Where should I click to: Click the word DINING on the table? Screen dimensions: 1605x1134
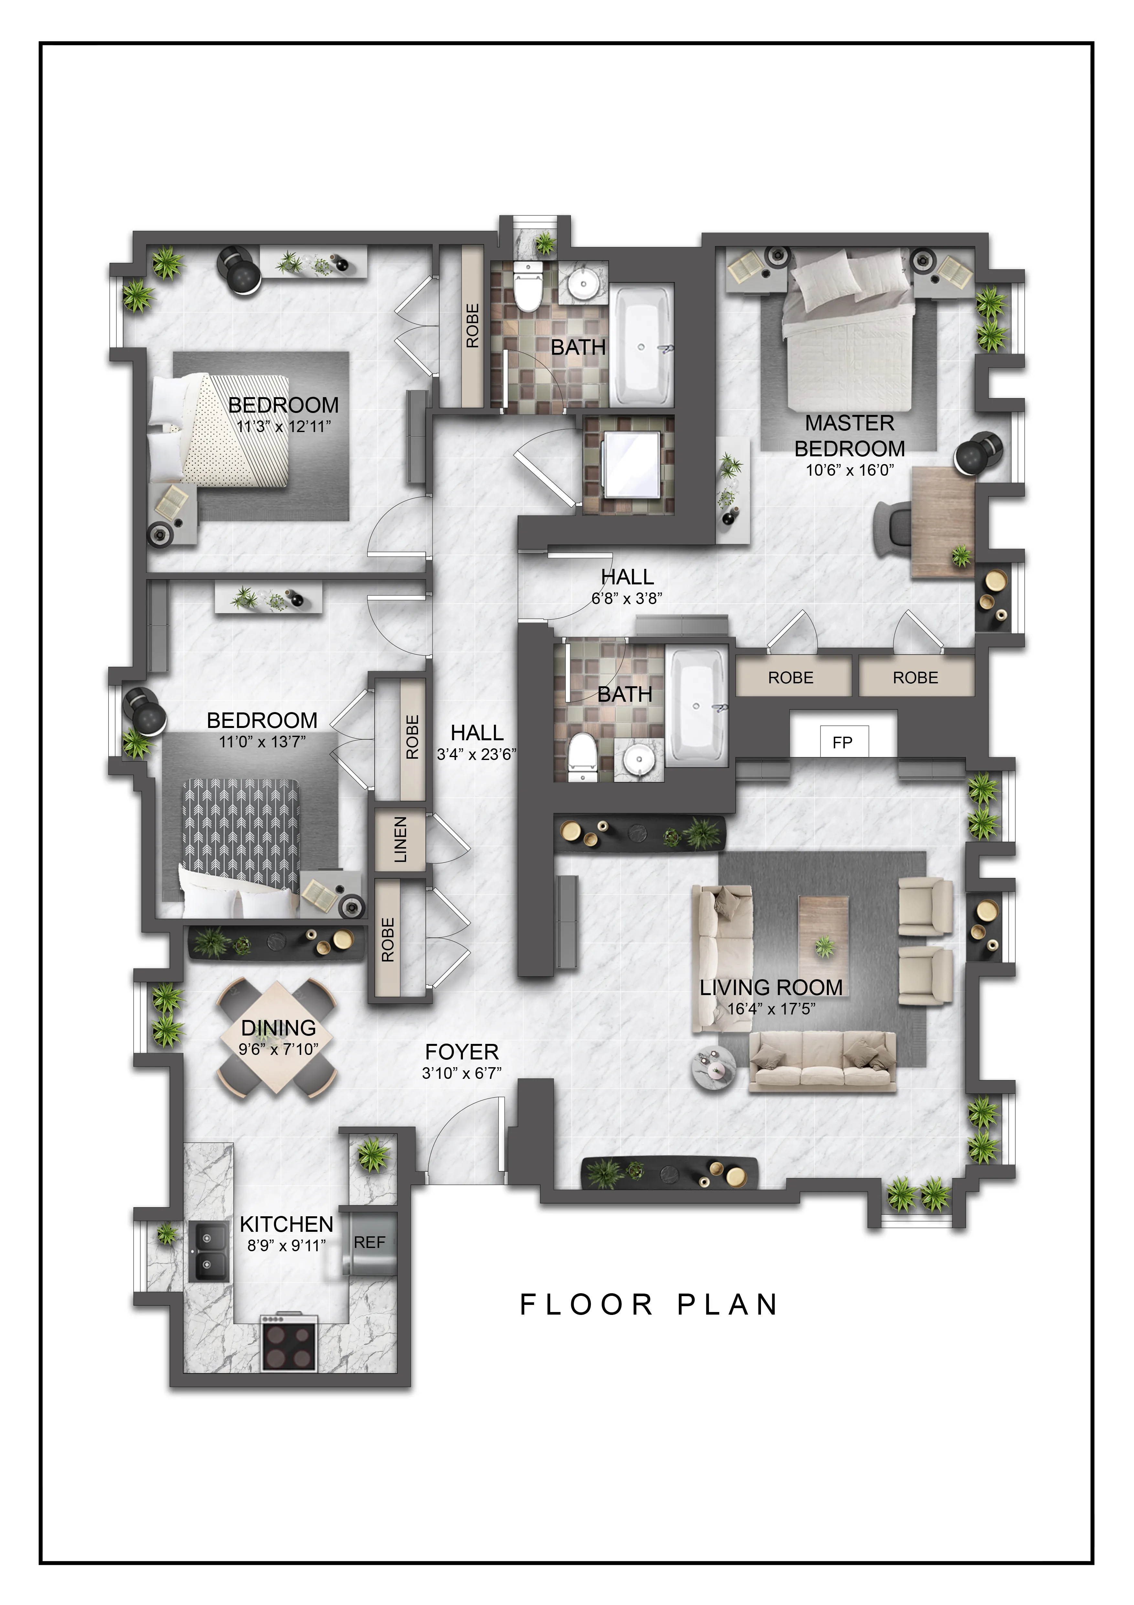pyautogui.click(x=278, y=1028)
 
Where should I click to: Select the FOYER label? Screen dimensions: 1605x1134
pyautogui.click(x=462, y=1052)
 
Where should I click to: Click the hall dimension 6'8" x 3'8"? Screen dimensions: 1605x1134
pyautogui.click(x=627, y=598)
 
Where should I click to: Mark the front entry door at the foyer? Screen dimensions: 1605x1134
pyautogui.click(x=465, y=1139)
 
